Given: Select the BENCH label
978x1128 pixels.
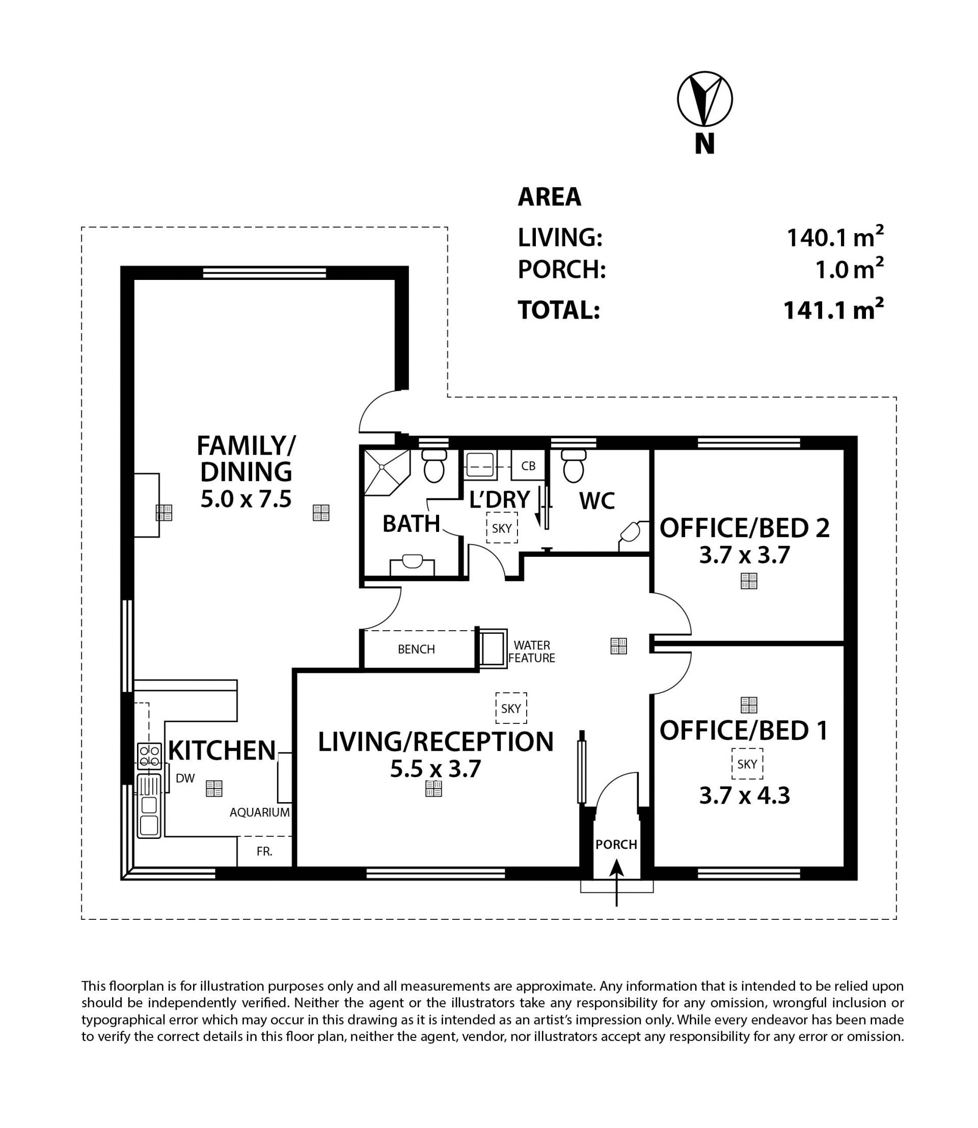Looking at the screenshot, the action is pyautogui.click(x=417, y=649).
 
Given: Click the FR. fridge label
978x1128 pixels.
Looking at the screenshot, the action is pyautogui.click(x=265, y=852).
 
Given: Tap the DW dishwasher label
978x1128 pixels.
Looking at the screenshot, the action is pyautogui.click(x=185, y=778).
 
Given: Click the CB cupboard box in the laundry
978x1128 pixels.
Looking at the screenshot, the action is pyautogui.click(x=528, y=466).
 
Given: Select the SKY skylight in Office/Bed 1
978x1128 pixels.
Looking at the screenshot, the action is pyautogui.click(x=747, y=764).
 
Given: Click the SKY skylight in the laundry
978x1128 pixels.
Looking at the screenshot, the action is pyautogui.click(x=502, y=527).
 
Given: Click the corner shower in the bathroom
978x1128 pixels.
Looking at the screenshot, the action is pyautogui.click(x=387, y=471).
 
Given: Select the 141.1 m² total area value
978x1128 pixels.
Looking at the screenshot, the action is pyautogui.click(x=833, y=309).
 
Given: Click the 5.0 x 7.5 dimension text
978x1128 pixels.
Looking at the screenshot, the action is pyautogui.click(x=246, y=499).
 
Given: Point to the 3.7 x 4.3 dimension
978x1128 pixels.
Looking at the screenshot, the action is pyautogui.click(x=744, y=796).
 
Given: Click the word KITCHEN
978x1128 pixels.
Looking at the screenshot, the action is pyautogui.click(x=222, y=750).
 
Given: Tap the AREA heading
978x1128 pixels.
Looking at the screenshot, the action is pyautogui.click(x=549, y=197).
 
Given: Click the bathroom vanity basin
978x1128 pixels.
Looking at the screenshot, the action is pyautogui.click(x=413, y=565).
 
